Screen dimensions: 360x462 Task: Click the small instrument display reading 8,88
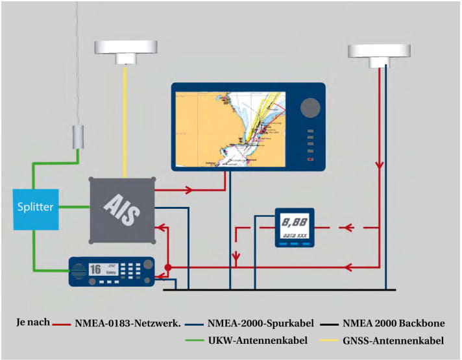pyautogui.click(x=293, y=228)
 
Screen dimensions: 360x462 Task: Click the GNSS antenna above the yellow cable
pyautogui.click(x=126, y=50)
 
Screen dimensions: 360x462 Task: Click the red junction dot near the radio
pyautogui.click(x=167, y=267)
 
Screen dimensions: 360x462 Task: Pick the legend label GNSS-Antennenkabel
pyautogui.click(x=385, y=340)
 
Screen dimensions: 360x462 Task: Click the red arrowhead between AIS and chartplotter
pyautogui.click(x=189, y=191)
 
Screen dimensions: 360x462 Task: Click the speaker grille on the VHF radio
pyautogui.click(x=79, y=272)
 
